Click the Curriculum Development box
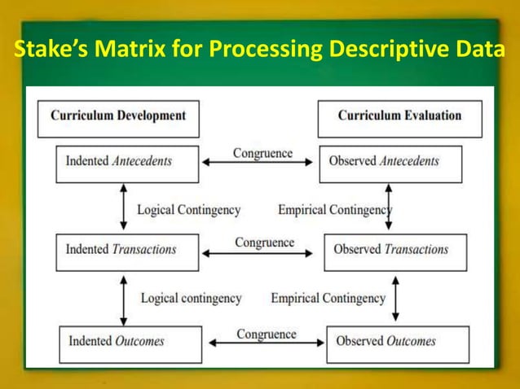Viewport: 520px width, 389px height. tap(118, 116)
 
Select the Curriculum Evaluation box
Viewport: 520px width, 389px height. tap(399, 116)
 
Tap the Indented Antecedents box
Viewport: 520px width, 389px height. tap(127, 161)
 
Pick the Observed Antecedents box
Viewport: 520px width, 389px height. tap(390, 162)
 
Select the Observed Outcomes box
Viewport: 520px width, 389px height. tap(397, 341)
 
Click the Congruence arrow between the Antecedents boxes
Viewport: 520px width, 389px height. tap(258, 163)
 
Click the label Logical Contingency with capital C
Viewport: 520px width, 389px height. tap(188, 210)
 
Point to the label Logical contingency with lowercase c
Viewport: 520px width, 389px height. tap(191, 299)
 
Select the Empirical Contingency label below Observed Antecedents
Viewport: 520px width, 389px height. tap(334, 210)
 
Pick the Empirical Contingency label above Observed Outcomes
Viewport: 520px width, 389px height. tap(328, 299)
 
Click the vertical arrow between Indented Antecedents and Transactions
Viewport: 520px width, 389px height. tap(124, 207)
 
